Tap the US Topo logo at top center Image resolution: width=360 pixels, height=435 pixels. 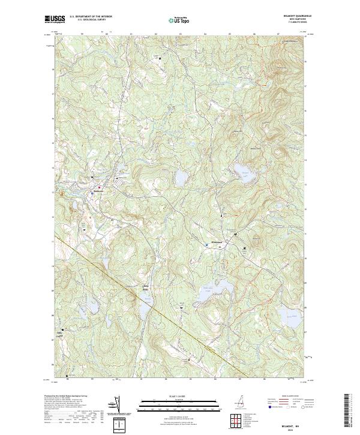click(x=181, y=19)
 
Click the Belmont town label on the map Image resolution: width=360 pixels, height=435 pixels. click(x=99, y=191)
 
